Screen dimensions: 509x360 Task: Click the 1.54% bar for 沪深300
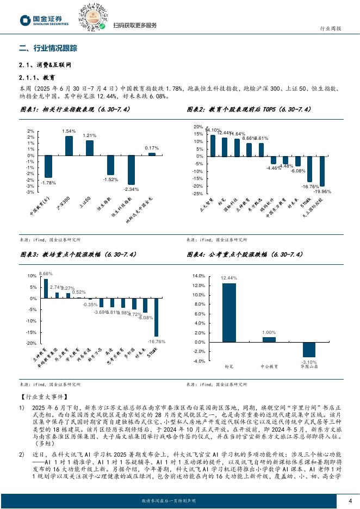pyautogui.click(x=69, y=146)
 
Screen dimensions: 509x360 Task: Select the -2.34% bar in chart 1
pyautogui.click(x=131, y=170)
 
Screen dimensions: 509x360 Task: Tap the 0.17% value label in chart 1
pyautogui.click(x=152, y=148)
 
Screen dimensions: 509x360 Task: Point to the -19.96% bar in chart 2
pyautogui.click(x=322, y=171)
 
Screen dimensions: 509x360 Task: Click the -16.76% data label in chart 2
pyautogui.click(x=309, y=187)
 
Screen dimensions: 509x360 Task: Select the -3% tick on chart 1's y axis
pyautogui.click(x=31, y=192)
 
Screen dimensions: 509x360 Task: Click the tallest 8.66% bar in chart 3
pyautogui.click(x=46, y=288)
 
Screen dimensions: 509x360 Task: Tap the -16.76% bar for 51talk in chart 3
pyautogui.click(x=157, y=317)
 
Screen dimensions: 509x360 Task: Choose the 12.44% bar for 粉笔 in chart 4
pyautogui.click(x=229, y=313)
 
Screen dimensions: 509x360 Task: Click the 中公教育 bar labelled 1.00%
pyautogui.click(x=269, y=340)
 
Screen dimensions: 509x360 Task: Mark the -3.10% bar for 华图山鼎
pyautogui.click(x=309, y=350)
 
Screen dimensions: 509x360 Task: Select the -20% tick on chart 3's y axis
pyautogui.click(x=32, y=344)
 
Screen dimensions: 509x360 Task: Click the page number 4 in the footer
pyautogui.click(x=350, y=501)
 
